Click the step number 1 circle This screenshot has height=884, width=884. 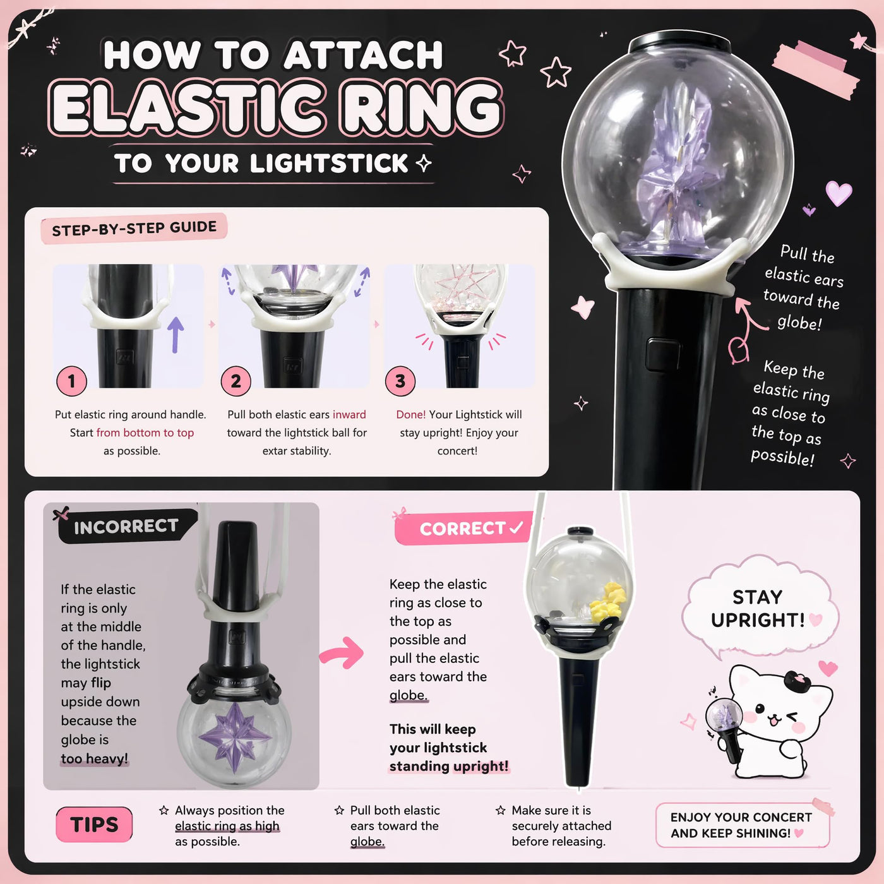[x=71, y=381]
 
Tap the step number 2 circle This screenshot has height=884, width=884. [x=236, y=381]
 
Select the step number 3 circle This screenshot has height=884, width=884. [x=400, y=381]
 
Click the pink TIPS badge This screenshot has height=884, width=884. [x=94, y=825]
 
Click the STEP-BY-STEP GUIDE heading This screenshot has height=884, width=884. [x=134, y=228]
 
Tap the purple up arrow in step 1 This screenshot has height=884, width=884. [x=176, y=335]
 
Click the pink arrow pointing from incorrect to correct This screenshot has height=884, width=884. [x=342, y=652]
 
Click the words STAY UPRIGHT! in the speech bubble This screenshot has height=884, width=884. [x=758, y=608]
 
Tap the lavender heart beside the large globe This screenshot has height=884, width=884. [x=839, y=193]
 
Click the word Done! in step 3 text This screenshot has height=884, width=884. [x=410, y=414]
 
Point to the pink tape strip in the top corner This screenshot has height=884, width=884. [x=816, y=69]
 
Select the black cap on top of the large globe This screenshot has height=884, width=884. [x=680, y=42]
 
